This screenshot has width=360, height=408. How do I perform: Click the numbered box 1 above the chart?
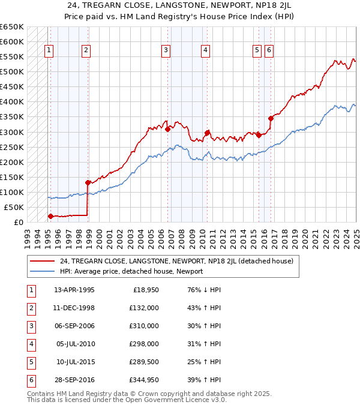(48, 50)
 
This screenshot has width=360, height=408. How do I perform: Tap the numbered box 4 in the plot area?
(205, 50)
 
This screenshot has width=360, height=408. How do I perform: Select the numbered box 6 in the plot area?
(269, 50)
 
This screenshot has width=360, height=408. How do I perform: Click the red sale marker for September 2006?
(167, 129)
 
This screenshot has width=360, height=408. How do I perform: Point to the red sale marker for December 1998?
(88, 182)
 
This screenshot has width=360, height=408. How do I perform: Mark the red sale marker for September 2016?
(271, 118)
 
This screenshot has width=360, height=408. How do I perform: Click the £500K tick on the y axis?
(12, 72)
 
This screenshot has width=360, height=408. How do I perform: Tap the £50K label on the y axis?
(14, 207)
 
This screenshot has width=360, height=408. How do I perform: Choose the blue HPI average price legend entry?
(131, 271)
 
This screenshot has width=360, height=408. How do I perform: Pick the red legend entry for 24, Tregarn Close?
(176, 261)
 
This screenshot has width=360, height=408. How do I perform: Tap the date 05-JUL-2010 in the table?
(75, 344)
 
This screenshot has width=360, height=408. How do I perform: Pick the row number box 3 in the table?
(29, 326)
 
